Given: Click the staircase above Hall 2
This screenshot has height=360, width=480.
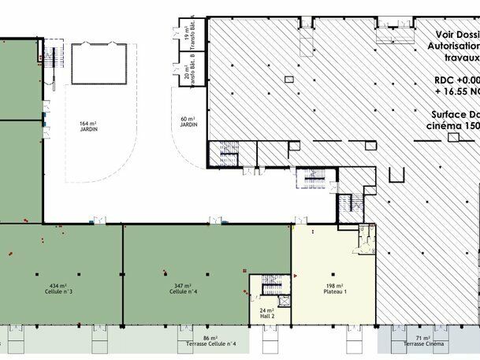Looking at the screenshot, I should (270, 285).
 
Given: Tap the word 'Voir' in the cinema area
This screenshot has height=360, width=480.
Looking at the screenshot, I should (448, 35).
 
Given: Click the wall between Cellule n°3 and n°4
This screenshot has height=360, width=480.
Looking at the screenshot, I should (123, 276).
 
